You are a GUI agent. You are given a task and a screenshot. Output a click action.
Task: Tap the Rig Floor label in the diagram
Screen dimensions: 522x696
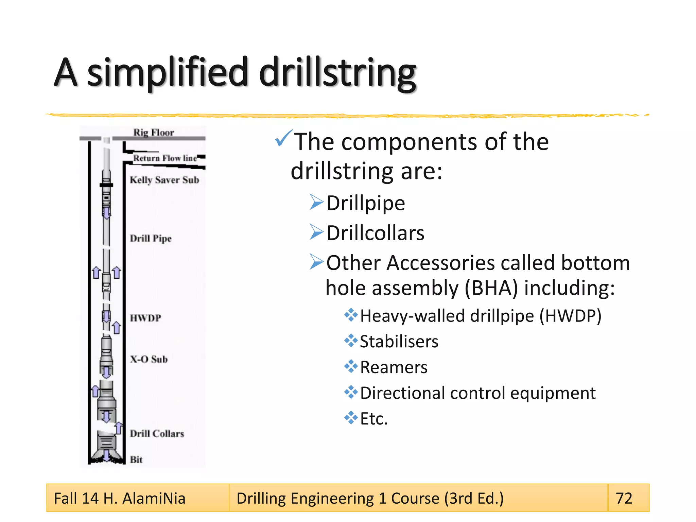[x=153, y=133]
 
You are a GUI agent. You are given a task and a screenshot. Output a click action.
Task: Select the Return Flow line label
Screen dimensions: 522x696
[x=165, y=158]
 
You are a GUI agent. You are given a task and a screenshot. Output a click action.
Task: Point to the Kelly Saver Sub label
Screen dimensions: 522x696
[x=164, y=180]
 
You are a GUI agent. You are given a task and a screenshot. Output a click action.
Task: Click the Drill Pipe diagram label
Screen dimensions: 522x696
[x=151, y=238]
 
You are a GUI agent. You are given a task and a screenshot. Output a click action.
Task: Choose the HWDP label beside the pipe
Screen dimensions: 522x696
[x=145, y=318]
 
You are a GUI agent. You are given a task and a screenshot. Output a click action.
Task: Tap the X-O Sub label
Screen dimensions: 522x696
[x=149, y=359]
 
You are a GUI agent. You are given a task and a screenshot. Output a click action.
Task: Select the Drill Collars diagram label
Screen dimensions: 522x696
[x=157, y=434]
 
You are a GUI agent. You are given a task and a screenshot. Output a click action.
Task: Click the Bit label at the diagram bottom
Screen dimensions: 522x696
[x=136, y=459]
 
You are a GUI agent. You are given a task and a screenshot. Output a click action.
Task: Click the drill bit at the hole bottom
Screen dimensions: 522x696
[x=106, y=454]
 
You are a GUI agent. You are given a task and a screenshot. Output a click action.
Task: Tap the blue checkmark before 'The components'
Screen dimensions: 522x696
[x=283, y=138]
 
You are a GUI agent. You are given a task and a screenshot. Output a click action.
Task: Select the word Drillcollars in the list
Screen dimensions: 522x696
[x=375, y=233]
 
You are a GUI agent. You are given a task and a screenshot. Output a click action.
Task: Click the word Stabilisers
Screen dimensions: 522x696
[x=399, y=342]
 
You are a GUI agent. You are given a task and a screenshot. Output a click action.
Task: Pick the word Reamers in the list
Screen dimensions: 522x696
[x=394, y=367]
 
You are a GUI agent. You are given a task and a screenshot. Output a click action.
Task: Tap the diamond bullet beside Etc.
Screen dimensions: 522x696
[x=351, y=418]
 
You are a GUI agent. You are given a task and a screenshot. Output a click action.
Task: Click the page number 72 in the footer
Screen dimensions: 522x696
[x=624, y=498]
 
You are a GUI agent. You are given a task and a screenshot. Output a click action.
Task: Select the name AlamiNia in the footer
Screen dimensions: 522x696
[x=154, y=498]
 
